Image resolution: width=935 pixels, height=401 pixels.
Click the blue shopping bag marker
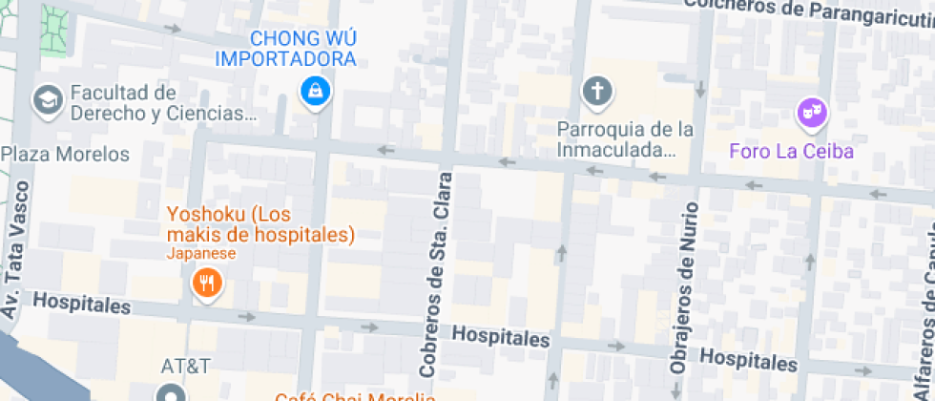point(312,92)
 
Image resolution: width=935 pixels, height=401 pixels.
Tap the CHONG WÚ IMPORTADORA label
point(285,50)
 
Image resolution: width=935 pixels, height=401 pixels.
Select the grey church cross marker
point(597,92)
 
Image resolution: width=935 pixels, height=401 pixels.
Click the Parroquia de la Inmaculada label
point(625,139)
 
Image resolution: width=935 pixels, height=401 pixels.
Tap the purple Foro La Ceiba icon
point(812,114)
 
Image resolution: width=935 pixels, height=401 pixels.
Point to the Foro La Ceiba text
point(791,151)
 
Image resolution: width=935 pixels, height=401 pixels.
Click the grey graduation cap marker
point(46,98)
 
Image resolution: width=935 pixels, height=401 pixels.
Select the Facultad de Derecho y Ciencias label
point(163,104)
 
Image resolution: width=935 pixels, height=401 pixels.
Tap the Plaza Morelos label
point(65,154)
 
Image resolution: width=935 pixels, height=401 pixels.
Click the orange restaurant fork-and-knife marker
point(206,283)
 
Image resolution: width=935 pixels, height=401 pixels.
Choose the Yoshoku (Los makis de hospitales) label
point(260,224)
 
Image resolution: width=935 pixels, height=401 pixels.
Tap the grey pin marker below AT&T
point(171,393)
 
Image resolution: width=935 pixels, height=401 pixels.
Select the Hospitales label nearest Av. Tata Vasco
point(81,305)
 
